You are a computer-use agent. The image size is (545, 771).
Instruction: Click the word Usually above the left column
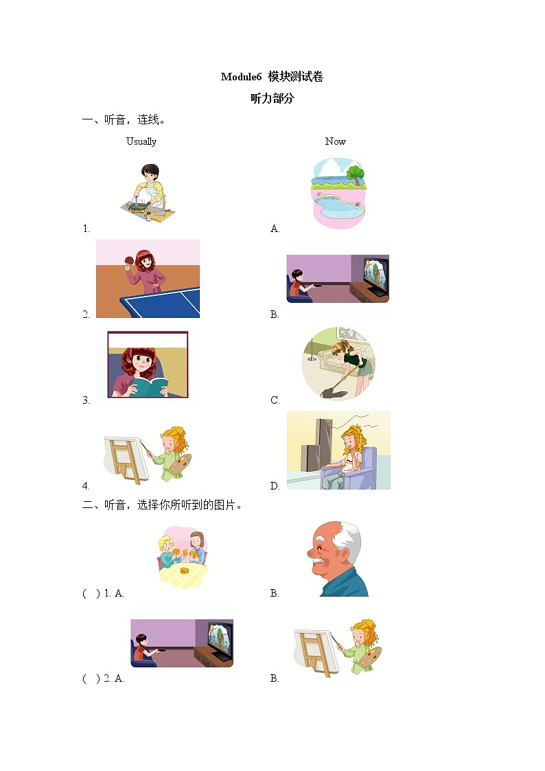(141, 141)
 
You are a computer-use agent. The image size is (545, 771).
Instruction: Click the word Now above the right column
(335, 141)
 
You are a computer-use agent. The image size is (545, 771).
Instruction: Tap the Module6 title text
(272, 77)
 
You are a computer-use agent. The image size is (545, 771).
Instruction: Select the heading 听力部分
(272, 98)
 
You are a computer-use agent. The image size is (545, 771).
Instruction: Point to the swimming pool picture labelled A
(338, 194)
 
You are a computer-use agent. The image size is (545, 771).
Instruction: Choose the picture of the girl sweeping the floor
(339, 364)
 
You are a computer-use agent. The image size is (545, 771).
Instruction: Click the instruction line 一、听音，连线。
(124, 120)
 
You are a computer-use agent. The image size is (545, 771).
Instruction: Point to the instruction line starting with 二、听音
(162, 505)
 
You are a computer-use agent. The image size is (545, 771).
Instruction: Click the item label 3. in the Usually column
(86, 401)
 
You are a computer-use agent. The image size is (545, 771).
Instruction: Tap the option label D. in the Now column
(275, 486)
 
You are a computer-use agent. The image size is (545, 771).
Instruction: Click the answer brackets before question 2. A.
(91, 678)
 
